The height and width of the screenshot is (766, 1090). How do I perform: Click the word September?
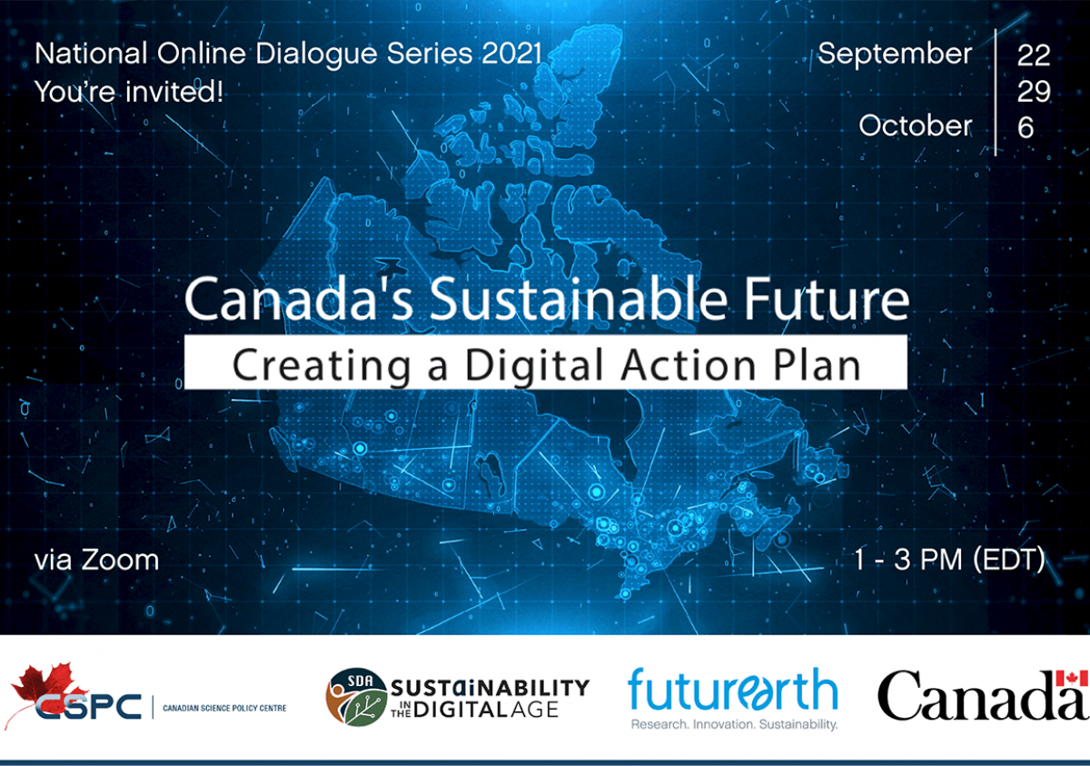[894, 55]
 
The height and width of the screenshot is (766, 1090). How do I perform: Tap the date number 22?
[1034, 55]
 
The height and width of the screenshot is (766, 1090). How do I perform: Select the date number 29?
[1034, 91]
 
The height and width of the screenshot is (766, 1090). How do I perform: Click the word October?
[916, 126]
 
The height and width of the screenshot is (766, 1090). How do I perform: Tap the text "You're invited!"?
[128, 91]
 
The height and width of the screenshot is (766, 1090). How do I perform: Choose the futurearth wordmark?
[732, 691]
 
